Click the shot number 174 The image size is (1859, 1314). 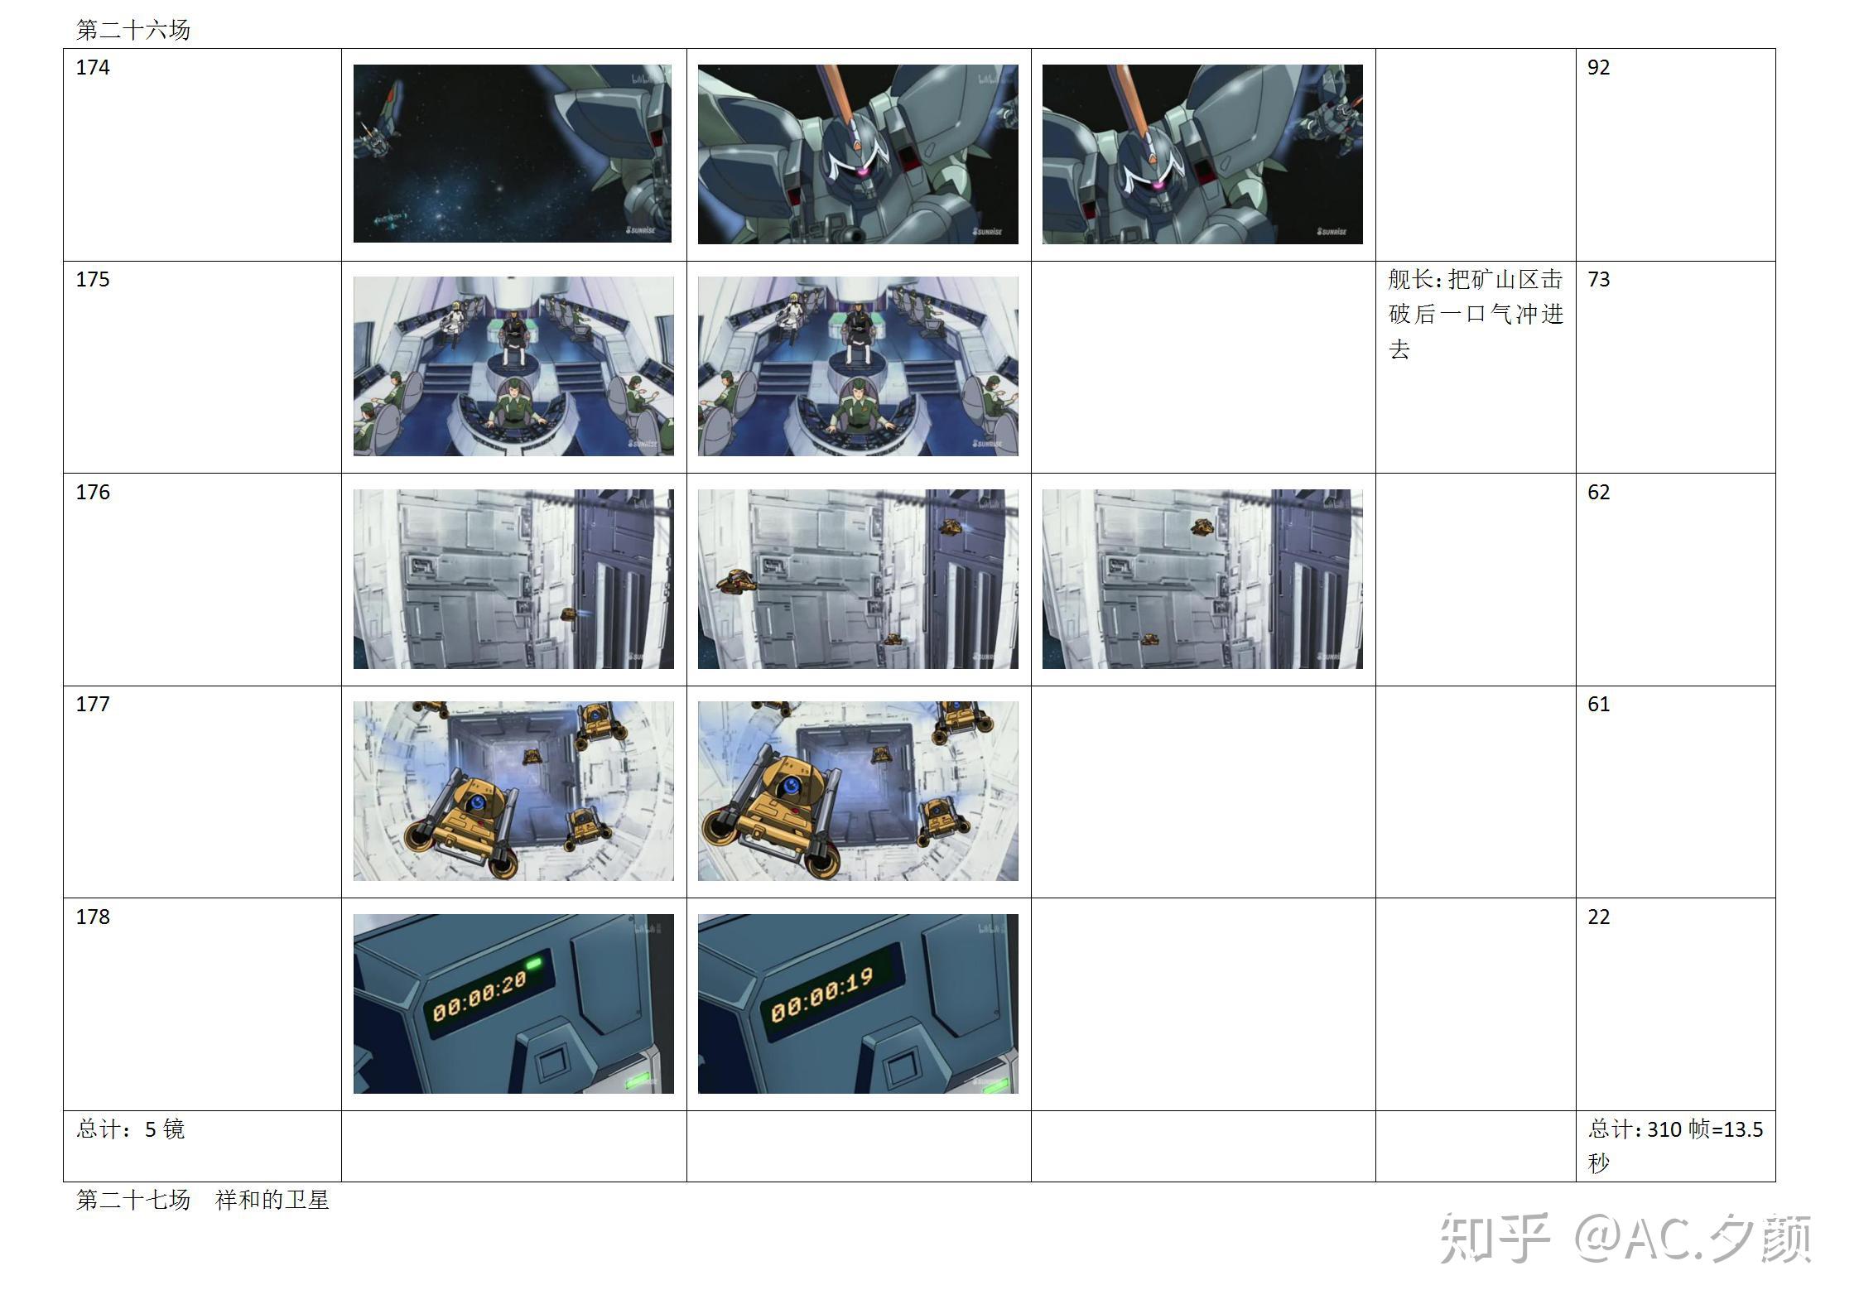92,67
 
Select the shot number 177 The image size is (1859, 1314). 92,704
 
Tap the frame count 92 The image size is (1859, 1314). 1598,67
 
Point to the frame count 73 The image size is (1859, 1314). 1598,279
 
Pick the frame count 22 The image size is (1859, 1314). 1598,917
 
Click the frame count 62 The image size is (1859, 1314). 1598,492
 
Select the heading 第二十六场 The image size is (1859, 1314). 133,30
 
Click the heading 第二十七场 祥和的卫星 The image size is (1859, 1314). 203,1200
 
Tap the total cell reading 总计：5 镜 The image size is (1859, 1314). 130,1129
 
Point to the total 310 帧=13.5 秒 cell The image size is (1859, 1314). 1675,1146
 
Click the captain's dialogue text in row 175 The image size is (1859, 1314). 1476,314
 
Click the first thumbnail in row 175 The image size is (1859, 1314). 513,366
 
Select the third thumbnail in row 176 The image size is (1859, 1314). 1202,579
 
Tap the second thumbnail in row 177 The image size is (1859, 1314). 858,791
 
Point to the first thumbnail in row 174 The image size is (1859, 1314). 513,154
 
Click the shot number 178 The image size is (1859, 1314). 92,917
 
